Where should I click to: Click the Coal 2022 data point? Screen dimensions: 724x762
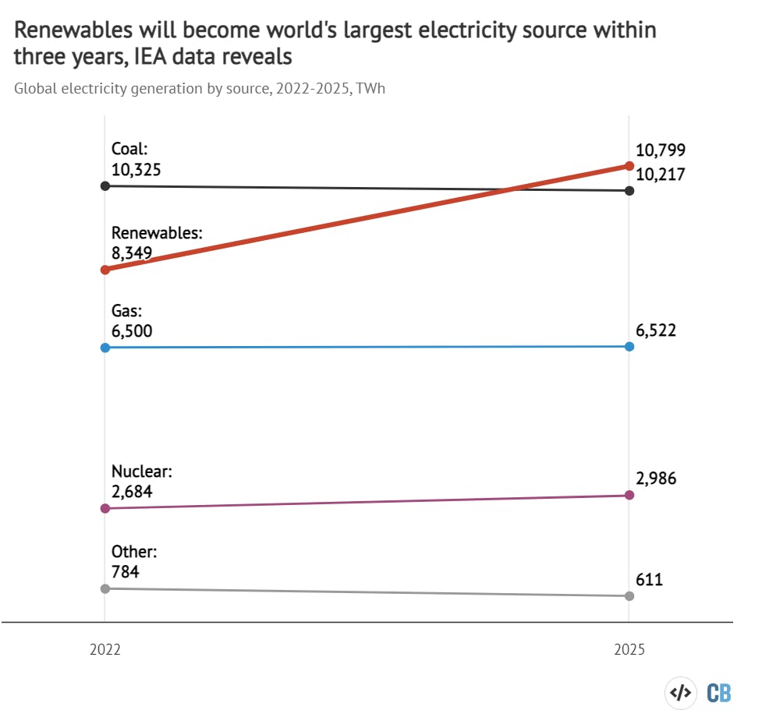tap(105, 186)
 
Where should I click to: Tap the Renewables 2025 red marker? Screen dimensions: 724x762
tap(629, 165)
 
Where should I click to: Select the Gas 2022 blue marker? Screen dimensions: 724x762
tap(105, 348)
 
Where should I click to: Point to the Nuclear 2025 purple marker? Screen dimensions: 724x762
tap(629, 495)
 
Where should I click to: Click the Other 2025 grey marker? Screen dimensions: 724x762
tap(629, 596)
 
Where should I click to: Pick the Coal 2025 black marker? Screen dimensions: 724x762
tap(629, 191)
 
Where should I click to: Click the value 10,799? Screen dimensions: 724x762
tap(660, 150)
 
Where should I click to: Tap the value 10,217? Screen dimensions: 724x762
tap(660, 175)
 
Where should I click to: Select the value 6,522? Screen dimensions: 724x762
tap(656, 330)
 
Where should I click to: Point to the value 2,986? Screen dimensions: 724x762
tap(656, 479)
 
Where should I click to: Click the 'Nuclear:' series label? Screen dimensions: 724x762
tap(141, 471)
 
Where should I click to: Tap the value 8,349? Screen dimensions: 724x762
tap(132, 253)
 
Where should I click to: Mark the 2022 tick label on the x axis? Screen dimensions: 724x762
tap(105, 649)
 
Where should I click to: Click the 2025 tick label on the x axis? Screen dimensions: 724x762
tap(629, 649)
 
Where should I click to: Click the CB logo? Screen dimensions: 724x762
tap(718, 692)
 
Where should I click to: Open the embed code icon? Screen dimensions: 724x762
tap(680, 692)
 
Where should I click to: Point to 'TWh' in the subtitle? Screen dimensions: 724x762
tap(370, 88)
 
